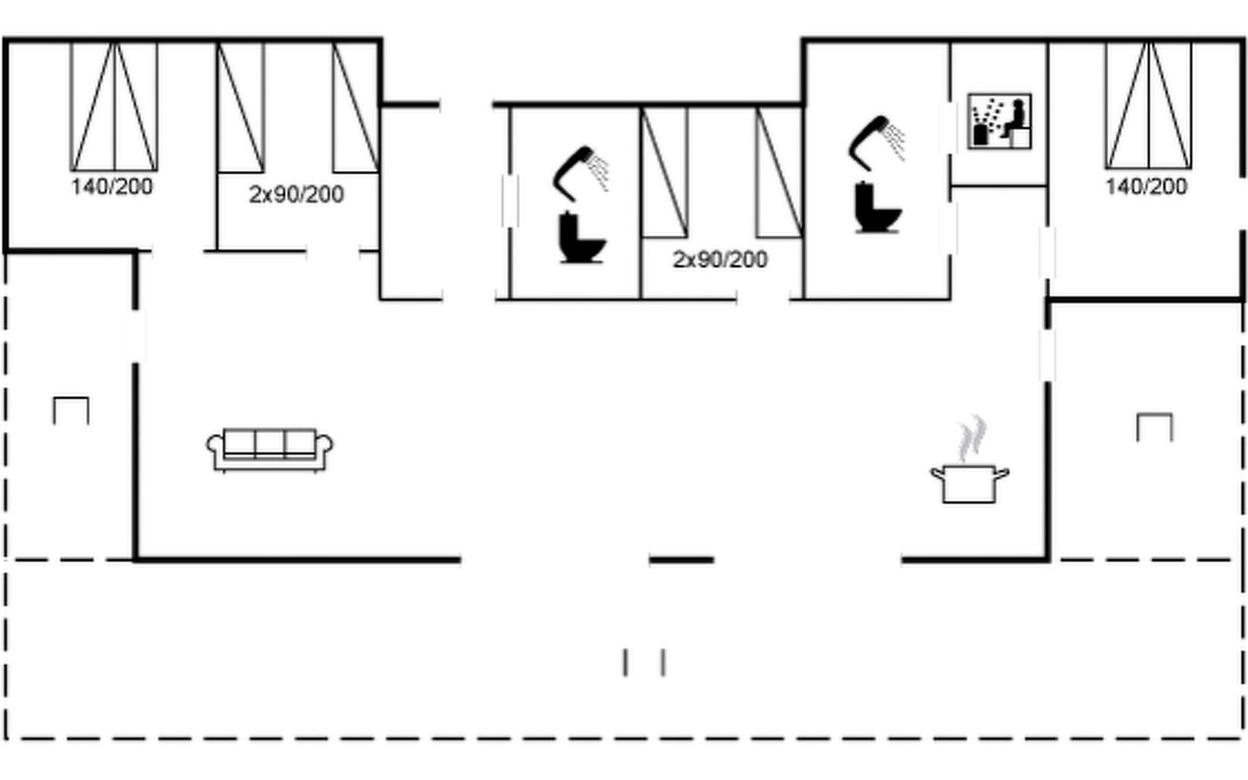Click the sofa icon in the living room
[270, 449]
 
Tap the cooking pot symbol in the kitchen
[970, 483]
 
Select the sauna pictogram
[999, 121]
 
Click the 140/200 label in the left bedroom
[112, 187]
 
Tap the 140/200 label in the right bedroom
[1147, 187]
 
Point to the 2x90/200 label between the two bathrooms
[720, 259]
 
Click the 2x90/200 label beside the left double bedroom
[296, 194]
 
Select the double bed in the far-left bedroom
[114, 106]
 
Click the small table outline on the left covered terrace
[71, 410]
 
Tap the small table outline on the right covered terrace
[1155, 427]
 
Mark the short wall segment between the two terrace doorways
[682, 559]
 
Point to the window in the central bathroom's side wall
[510, 201]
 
